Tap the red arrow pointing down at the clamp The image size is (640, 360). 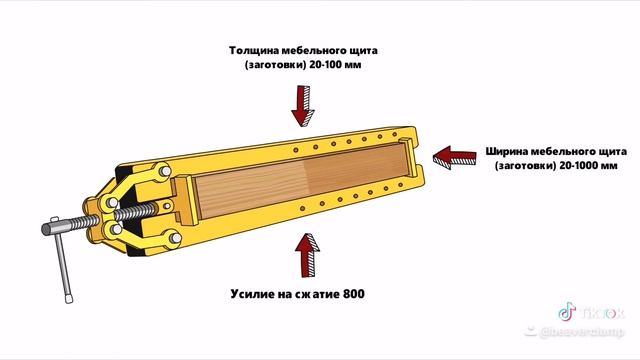(303, 103)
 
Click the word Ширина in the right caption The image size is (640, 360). (510, 152)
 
